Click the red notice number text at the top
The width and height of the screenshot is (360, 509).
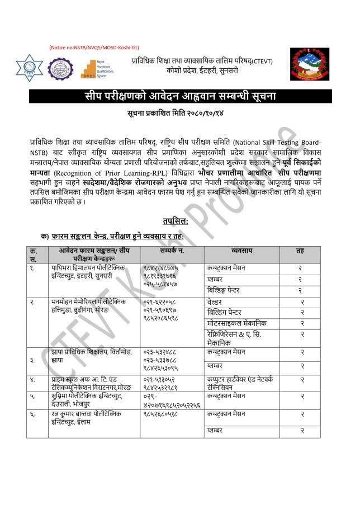point(94,48)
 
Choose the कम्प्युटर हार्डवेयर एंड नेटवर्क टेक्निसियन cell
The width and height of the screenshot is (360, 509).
point(240,383)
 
